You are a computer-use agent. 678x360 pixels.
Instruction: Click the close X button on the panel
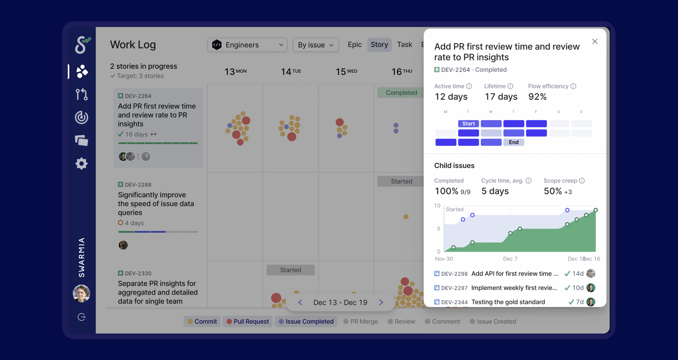click(x=595, y=41)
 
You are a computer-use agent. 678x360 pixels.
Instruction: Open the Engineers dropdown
click(x=247, y=45)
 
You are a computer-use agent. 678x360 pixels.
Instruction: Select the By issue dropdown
click(x=315, y=45)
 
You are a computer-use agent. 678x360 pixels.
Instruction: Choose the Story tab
click(x=379, y=44)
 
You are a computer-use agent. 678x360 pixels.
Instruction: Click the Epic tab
click(x=355, y=44)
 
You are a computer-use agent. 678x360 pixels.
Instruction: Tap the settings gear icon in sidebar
click(x=81, y=163)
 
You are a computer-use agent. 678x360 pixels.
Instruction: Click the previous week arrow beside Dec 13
click(x=300, y=303)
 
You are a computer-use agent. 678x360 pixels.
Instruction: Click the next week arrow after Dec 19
click(x=381, y=303)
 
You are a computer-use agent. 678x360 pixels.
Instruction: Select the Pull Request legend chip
click(x=248, y=321)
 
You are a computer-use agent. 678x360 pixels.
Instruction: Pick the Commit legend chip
click(x=202, y=321)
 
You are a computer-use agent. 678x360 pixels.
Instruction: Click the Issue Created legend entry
click(x=493, y=321)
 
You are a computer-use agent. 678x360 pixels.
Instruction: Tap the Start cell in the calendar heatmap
click(x=468, y=124)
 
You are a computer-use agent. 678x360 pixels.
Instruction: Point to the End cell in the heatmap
click(x=514, y=142)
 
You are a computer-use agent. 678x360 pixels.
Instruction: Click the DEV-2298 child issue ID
click(x=454, y=274)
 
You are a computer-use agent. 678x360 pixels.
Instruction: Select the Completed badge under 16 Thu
click(x=401, y=93)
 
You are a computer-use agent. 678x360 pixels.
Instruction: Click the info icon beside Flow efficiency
click(x=573, y=86)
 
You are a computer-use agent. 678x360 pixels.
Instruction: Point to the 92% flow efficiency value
click(x=537, y=97)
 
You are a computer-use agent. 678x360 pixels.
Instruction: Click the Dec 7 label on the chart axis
click(x=510, y=259)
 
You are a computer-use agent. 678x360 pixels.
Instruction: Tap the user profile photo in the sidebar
click(x=81, y=293)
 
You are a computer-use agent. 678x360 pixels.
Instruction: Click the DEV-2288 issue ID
click(x=138, y=184)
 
